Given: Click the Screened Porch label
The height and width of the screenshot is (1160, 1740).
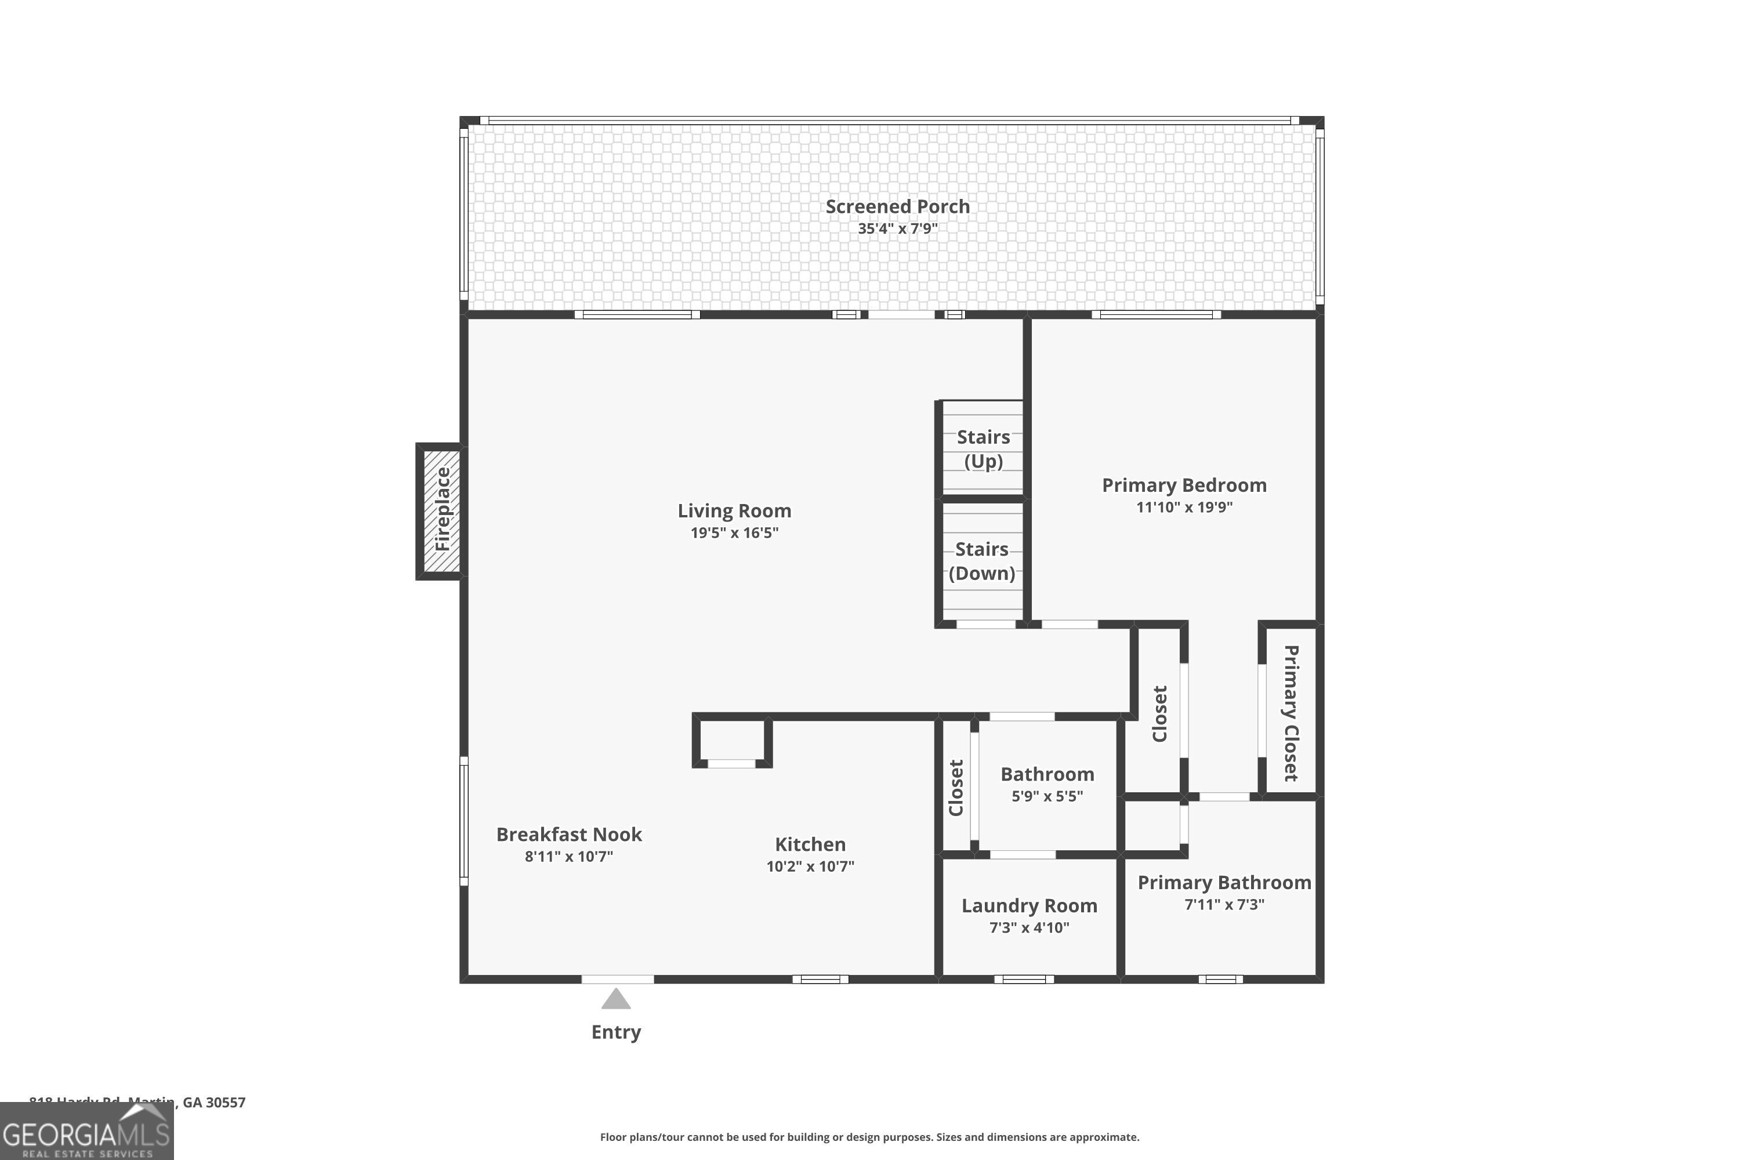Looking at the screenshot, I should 897,206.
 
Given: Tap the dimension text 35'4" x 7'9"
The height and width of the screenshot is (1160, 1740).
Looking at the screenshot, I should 897,229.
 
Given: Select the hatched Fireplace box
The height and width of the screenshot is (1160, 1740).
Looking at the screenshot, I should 441,510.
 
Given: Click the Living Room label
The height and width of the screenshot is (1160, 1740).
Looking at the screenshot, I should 734,510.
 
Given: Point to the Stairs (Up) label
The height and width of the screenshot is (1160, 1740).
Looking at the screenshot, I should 983,448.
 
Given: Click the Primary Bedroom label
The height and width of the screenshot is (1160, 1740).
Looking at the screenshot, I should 1184,485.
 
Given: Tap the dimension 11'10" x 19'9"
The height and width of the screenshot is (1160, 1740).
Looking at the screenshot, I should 1184,507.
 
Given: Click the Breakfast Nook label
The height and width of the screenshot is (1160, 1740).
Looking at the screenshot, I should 568,835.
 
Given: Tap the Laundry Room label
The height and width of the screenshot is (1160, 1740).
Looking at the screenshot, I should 1028,905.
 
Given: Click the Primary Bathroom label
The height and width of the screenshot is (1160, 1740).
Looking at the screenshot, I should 1224,883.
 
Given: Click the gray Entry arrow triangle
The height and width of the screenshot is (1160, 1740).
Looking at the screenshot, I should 615,1000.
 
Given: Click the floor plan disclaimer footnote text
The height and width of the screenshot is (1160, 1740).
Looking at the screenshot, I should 869,1137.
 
